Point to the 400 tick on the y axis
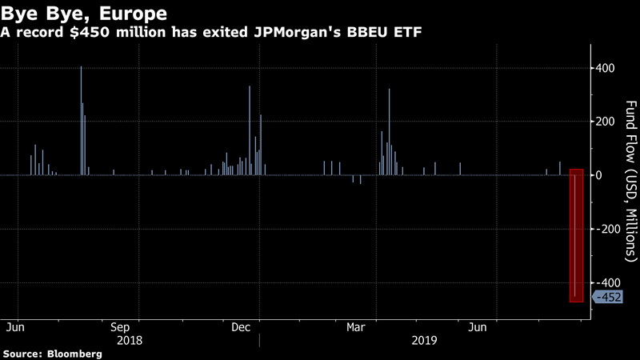pyautogui.click(x=604, y=68)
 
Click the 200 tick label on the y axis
pyautogui.click(x=604, y=122)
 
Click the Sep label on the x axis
pyautogui.click(x=120, y=327)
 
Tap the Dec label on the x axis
pyautogui.click(x=241, y=327)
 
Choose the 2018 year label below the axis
pyautogui.click(x=130, y=340)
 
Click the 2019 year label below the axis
pyautogui.click(x=424, y=340)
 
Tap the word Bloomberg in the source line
pyautogui.click(x=74, y=354)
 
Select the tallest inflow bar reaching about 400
pyautogui.click(x=81, y=120)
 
